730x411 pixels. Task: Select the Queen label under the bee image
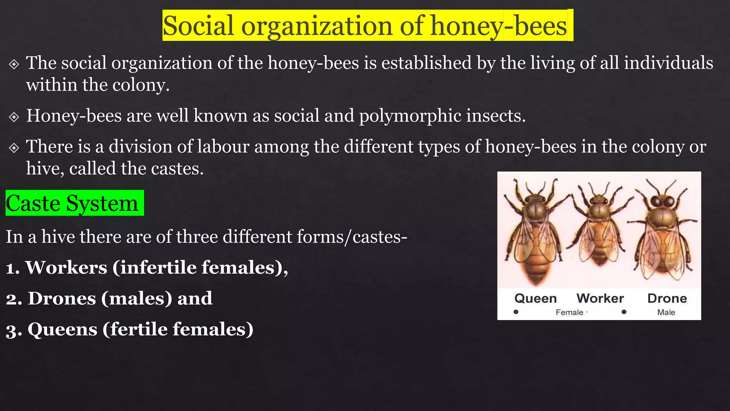tap(535, 298)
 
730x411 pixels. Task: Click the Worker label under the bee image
tap(600, 298)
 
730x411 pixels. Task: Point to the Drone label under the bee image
tap(667, 298)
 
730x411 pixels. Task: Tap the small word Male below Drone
tap(666, 313)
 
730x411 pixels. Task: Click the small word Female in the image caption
tap(569, 313)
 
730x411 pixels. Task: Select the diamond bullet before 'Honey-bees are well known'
tap(14, 117)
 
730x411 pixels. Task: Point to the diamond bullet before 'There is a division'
tap(14, 147)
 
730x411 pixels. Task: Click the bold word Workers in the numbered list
tap(66, 268)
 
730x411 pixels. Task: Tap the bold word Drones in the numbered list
tap(62, 298)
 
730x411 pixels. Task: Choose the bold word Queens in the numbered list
tap(62, 329)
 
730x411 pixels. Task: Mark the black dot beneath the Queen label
tap(516, 312)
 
